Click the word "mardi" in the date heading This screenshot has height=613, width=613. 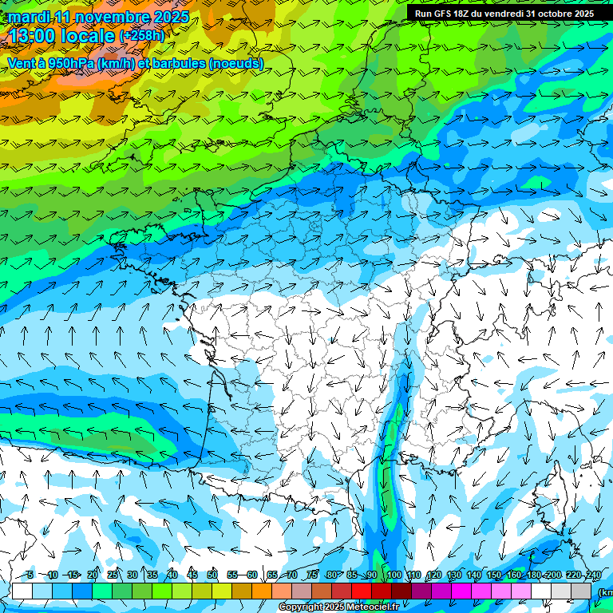[30, 17]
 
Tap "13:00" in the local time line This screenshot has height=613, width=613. [34, 35]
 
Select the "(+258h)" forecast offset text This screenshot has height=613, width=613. [141, 36]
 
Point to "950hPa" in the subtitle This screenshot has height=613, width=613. [70, 63]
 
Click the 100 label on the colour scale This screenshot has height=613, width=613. [394, 575]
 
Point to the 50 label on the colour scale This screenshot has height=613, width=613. [212, 575]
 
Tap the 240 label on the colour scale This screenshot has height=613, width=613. [593, 575]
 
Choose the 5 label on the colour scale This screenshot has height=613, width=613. [30, 575]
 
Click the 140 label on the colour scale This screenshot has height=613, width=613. [474, 575]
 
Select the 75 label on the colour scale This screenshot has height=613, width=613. [312, 575]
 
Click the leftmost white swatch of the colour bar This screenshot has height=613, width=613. [22, 591]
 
